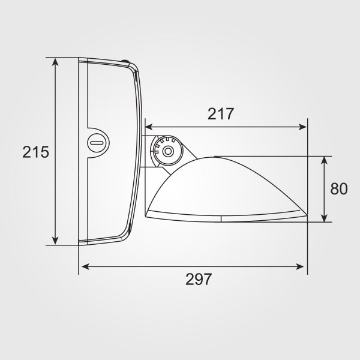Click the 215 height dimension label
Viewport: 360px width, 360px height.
coord(35,152)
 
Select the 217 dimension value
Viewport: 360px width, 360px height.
coord(221,113)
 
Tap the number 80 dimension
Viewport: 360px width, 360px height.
coord(339,189)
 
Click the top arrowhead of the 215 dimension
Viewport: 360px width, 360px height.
coord(55,62)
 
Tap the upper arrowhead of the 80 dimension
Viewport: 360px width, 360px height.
coord(325,160)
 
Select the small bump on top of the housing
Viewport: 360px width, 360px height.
coord(125,61)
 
